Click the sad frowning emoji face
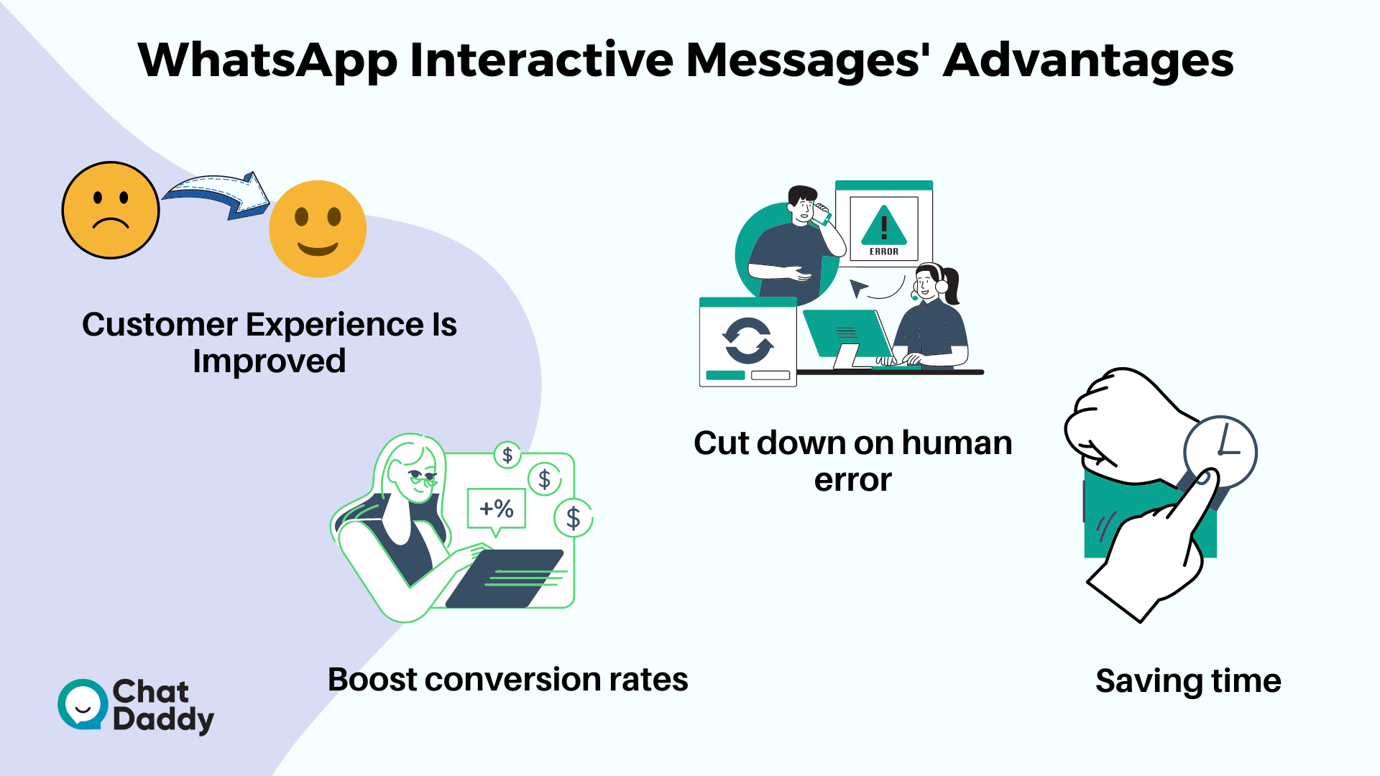coord(110,210)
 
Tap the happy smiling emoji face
coord(318,228)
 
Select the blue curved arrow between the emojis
coord(216,194)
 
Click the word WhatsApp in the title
coord(267,62)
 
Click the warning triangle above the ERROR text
coord(884,226)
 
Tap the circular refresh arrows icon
coord(747,341)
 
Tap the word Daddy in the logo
coord(163,720)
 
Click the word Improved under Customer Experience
coord(269,361)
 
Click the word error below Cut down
coord(852,480)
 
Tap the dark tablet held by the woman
coord(505,578)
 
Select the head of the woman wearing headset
coord(931,282)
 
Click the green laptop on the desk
coord(848,335)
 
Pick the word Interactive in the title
coord(541,60)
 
